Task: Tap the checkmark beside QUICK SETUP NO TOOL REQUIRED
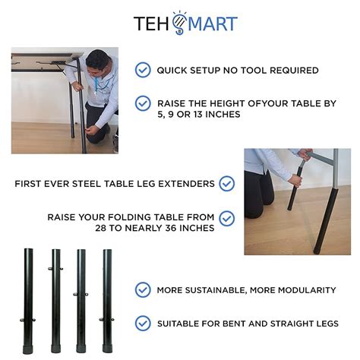(143, 70)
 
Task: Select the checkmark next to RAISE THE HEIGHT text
(143, 103)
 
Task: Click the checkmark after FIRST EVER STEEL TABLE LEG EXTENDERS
(226, 183)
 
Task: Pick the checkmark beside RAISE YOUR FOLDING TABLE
(226, 219)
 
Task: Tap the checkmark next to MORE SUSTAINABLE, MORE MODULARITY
(143, 289)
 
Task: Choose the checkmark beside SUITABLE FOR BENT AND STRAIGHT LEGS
(143, 323)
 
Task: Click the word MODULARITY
(302, 290)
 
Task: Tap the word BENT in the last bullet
(248, 324)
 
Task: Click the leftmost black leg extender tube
(30, 300)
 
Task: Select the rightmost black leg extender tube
(107, 301)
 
